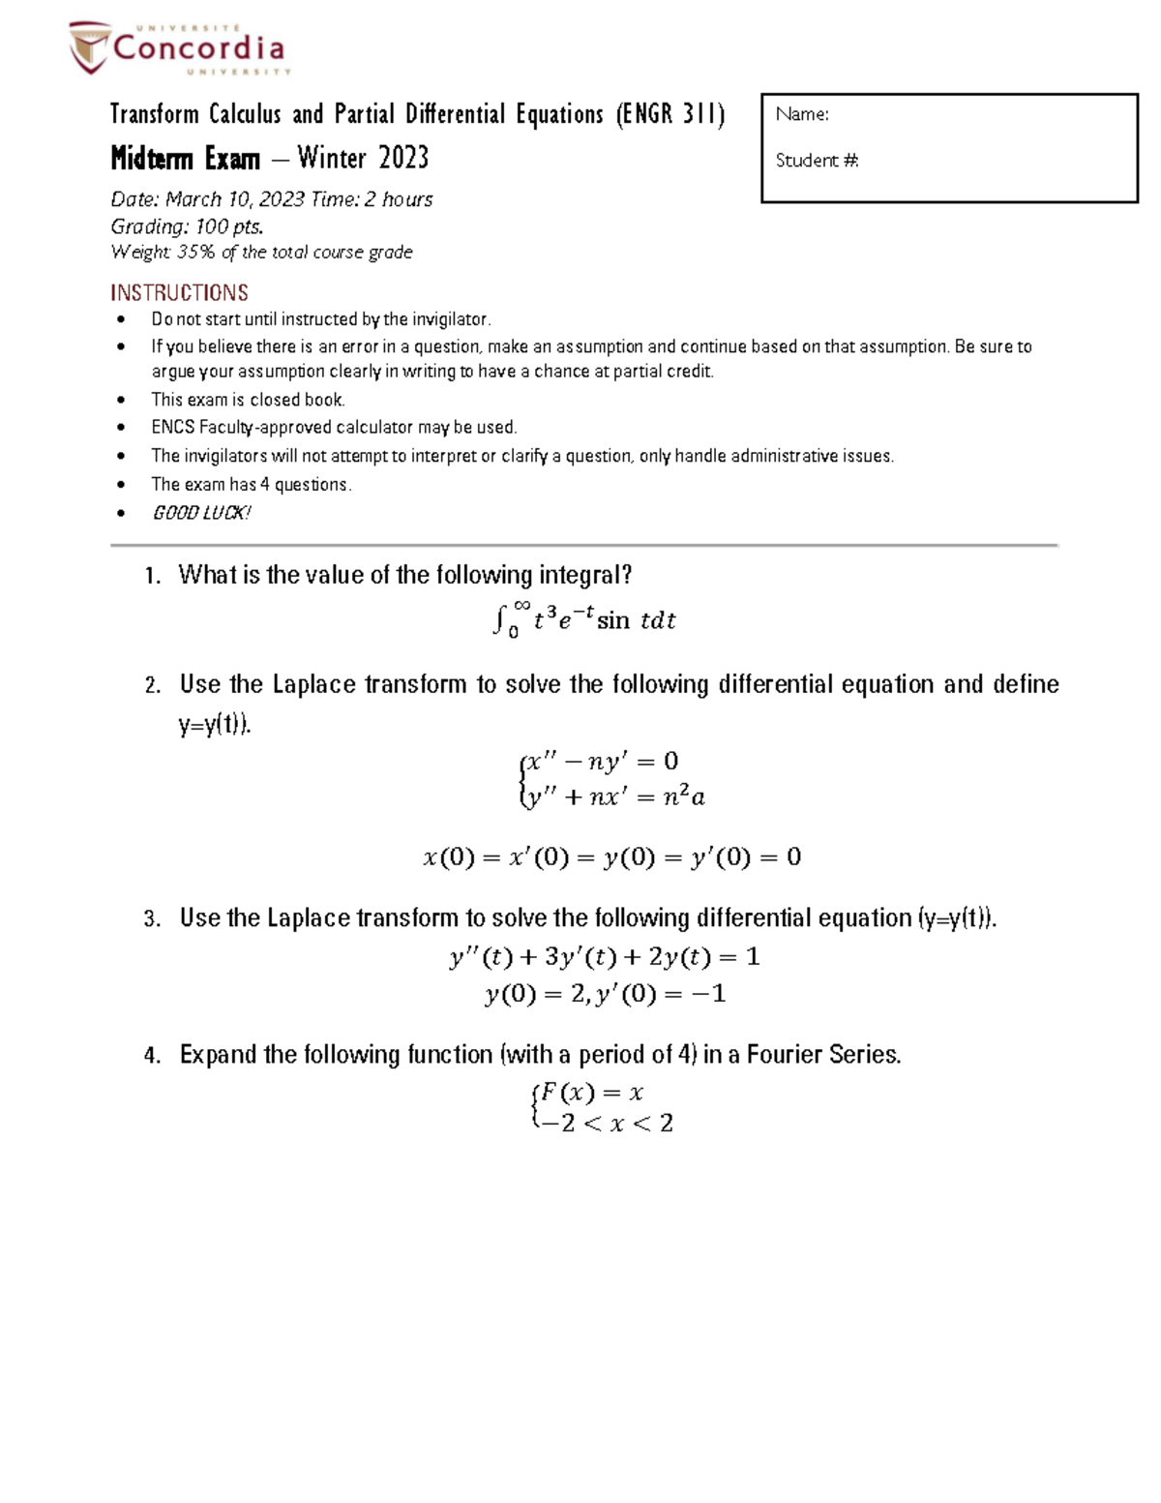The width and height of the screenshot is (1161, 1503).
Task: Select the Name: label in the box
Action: click(801, 115)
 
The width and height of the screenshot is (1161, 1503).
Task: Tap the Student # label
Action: click(817, 161)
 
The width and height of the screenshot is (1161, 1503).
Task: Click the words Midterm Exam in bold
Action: click(185, 158)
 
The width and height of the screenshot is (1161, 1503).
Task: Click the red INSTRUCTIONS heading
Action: click(179, 292)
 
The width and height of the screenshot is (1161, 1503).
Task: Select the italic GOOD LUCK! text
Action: click(201, 513)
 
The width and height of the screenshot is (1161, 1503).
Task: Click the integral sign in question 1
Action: click(499, 619)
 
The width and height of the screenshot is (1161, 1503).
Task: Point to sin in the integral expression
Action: click(612, 620)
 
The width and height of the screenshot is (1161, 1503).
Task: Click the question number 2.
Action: click(153, 686)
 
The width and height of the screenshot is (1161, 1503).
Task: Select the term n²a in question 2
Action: click(683, 797)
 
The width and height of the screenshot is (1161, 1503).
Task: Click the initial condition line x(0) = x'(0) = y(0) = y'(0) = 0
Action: click(611, 857)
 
